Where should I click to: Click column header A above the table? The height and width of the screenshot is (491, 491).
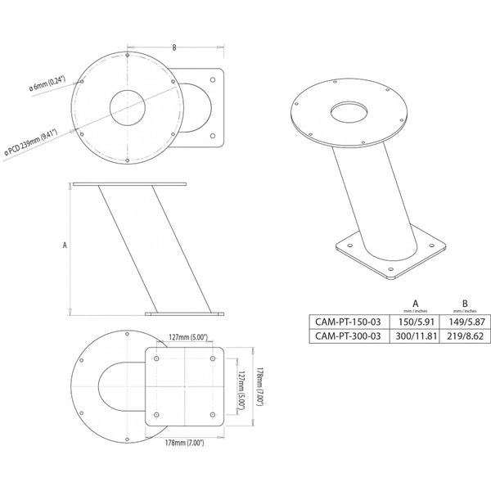point(416,302)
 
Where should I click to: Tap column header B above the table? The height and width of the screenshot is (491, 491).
point(464,302)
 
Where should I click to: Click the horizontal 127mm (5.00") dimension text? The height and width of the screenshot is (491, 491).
point(187,336)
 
